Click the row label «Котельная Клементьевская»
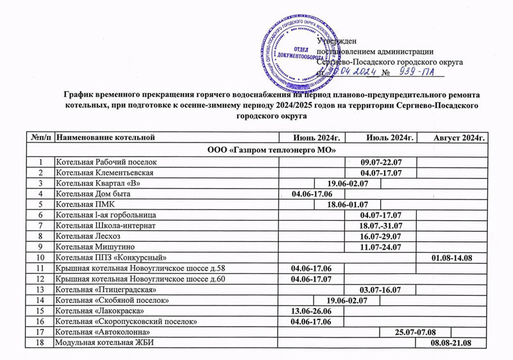[x=106, y=173]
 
